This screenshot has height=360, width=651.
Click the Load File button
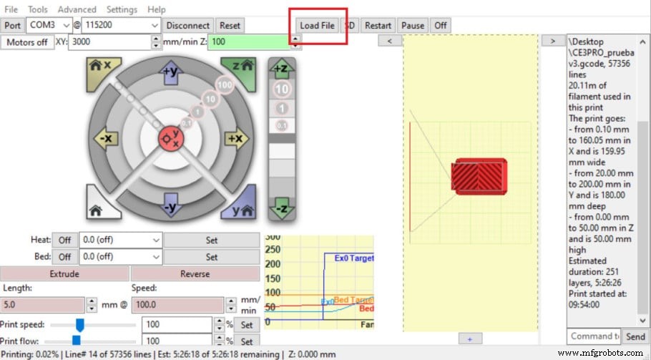point(317,25)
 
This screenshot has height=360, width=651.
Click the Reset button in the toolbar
point(230,25)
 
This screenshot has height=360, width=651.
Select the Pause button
point(413,25)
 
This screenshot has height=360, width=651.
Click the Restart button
point(378,25)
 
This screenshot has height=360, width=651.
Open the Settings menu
point(122,9)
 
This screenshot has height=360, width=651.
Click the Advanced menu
point(77,9)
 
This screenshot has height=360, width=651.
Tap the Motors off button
point(27,42)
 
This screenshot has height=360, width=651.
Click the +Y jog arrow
point(170,72)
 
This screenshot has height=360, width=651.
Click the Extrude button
point(64,273)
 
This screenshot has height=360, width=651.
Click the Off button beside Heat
point(64,240)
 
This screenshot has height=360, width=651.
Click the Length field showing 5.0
point(41,304)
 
